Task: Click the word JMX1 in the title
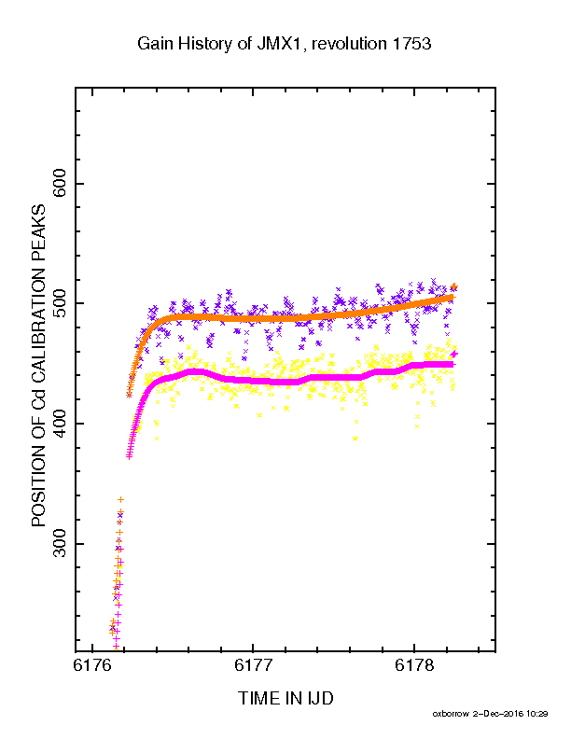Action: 278,44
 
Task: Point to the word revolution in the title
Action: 350,44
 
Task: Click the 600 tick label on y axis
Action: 61,184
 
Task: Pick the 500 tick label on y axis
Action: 61,303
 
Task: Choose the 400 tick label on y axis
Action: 61,424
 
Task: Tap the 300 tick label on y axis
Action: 61,543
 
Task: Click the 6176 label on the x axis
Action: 92,665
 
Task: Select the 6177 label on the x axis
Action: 253,665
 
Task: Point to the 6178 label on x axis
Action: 414,665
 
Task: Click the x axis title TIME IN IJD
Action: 286,698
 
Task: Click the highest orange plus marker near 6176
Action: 120,499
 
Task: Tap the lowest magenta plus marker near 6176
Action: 116,647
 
